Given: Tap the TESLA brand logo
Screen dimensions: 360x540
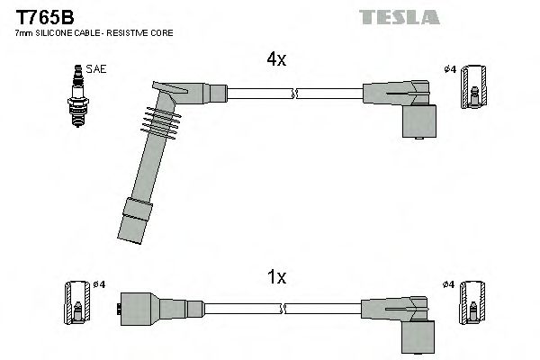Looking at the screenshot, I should [x=398, y=17].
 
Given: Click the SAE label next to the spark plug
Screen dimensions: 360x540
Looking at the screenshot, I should [x=94, y=68].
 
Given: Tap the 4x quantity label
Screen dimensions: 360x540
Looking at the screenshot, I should [x=275, y=60].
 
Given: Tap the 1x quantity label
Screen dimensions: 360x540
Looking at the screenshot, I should [x=275, y=278].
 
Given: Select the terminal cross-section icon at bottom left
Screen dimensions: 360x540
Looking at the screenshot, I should [x=76, y=303].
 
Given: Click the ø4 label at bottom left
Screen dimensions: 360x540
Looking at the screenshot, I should [x=99, y=284].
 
